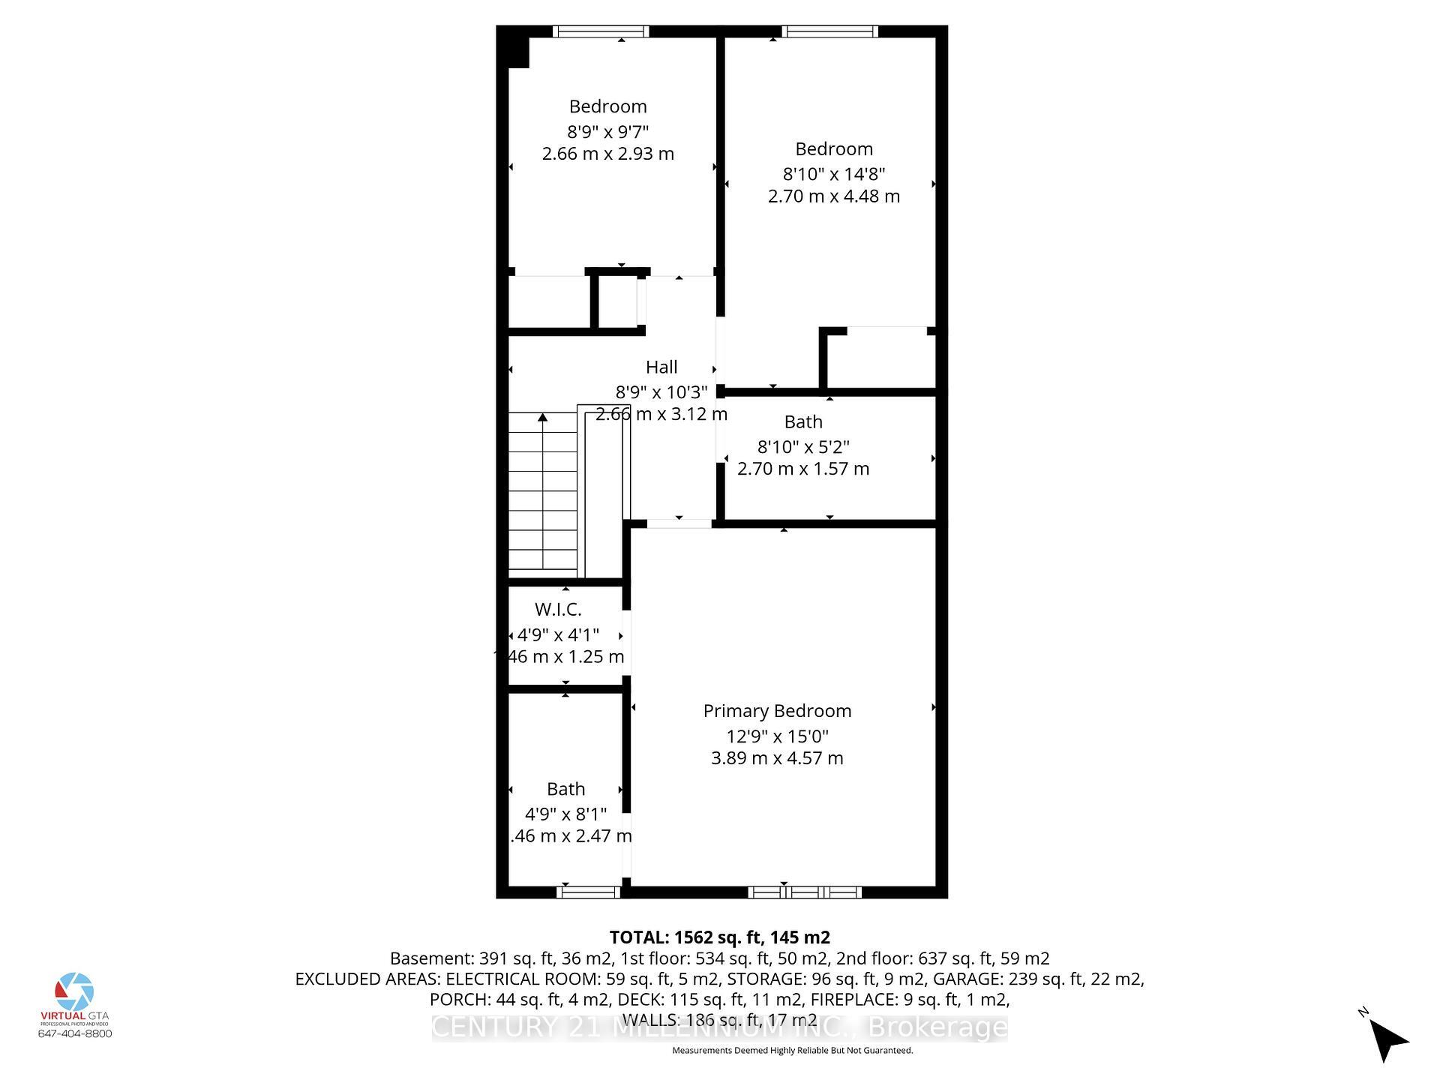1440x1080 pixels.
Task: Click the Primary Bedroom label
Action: tap(777, 711)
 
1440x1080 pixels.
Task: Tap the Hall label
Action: tap(661, 367)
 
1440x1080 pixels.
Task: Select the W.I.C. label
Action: tap(558, 610)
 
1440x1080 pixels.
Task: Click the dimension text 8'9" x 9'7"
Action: tap(607, 132)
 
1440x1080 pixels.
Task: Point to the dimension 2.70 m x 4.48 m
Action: tap(833, 196)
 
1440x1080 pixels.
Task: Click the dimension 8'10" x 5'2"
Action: tap(802, 447)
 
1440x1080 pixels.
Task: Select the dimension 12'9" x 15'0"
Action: tap(777, 736)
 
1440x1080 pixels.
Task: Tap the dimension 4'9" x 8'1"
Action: tap(565, 814)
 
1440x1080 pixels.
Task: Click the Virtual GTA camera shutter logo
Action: tap(75, 991)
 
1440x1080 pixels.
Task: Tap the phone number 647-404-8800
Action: tap(75, 1033)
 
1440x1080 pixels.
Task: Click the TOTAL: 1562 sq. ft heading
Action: tap(718, 937)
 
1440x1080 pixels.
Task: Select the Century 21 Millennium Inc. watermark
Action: tap(718, 1027)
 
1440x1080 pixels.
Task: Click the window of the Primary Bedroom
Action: tap(804, 892)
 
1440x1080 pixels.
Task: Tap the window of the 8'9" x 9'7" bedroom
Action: tap(601, 31)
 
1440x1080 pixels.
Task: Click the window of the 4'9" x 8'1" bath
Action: tap(589, 892)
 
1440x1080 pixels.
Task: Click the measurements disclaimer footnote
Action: tap(792, 1051)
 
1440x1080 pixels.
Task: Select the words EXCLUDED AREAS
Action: tap(368, 979)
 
